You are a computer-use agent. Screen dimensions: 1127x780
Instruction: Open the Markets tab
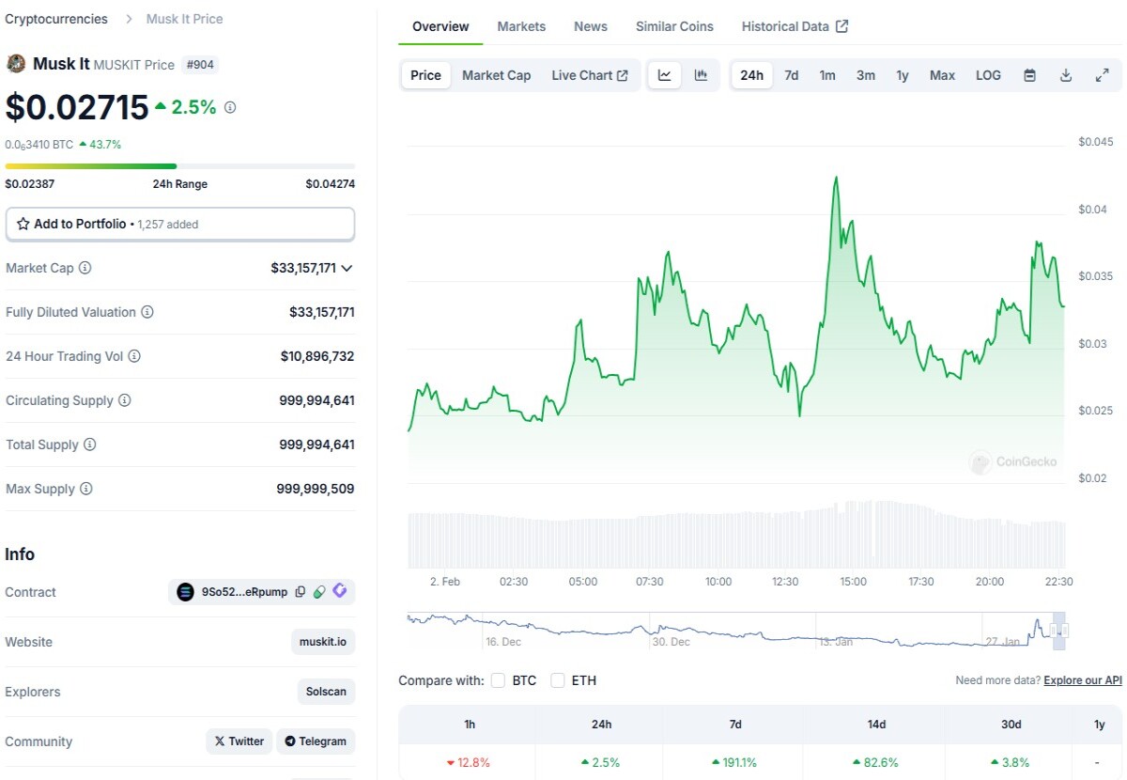tap(521, 26)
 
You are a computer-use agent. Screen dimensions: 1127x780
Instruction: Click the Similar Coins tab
tap(674, 26)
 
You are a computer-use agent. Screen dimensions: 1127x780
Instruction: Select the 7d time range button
tap(791, 75)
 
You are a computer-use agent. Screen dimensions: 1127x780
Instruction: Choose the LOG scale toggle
tap(988, 75)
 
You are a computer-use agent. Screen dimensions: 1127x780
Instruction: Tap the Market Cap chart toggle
tap(496, 75)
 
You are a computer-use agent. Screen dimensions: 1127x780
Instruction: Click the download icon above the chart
tap(1066, 75)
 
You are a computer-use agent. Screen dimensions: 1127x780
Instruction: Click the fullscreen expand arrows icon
tap(1102, 75)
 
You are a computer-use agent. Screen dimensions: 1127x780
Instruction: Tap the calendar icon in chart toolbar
tap(1029, 75)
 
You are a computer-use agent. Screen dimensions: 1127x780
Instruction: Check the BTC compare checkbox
tap(498, 680)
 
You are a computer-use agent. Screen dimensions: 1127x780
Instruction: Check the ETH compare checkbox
tap(558, 680)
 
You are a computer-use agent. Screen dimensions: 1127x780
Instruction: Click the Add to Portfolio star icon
tap(23, 224)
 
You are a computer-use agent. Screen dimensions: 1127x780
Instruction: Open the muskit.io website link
tap(322, 642)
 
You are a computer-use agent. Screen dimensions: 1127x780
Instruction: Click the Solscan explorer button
tap(326, 692)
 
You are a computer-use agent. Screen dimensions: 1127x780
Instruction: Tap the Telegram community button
tap(316, 741)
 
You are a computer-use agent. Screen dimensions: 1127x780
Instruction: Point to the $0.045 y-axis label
tap(1095, 142)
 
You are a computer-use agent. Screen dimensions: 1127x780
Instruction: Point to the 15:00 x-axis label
tap(853, 582)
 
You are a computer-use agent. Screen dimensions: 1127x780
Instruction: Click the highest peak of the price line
tap(836, 178)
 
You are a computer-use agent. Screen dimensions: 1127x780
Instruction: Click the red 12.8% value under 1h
tap(468, 762)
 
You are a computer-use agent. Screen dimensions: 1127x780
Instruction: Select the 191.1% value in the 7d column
tap(734, 762)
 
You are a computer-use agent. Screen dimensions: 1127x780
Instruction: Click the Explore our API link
tap(1083, 680)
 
